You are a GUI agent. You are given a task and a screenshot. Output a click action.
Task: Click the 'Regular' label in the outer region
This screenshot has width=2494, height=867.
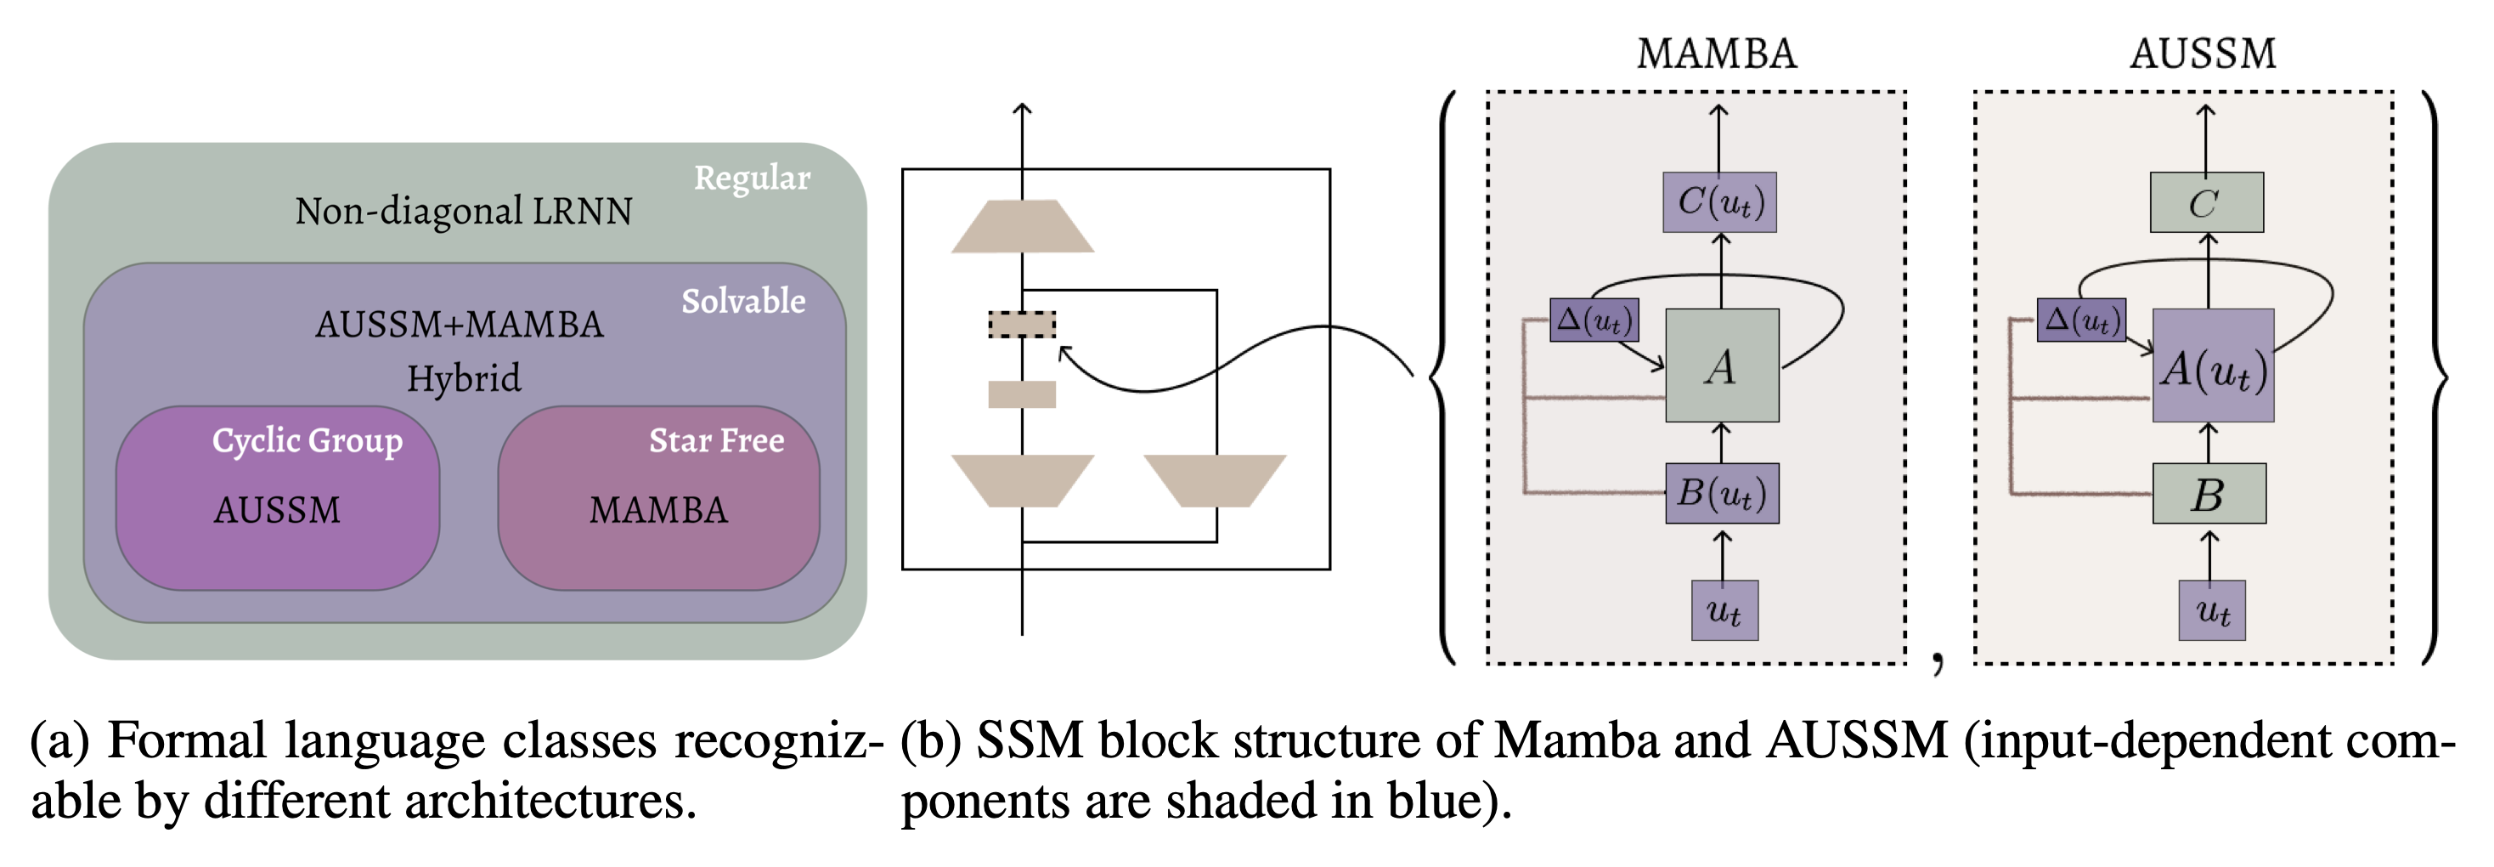pos(751,178)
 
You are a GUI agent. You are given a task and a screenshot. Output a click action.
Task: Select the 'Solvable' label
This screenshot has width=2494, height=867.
pos(742,301)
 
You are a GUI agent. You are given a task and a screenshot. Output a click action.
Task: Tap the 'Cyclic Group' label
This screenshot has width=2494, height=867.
pos(307,441)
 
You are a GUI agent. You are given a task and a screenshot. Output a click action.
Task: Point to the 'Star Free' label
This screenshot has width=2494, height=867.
pos(716,441)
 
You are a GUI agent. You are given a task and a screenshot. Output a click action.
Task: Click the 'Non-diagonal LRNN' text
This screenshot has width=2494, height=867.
pos(464,211)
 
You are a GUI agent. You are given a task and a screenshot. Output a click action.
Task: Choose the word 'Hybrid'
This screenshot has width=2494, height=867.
pos(464,377)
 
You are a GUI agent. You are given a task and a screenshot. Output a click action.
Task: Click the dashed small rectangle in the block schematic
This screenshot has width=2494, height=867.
pos(1021,324)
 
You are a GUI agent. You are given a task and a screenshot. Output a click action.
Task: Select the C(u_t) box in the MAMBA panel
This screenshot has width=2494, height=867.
pos(1719,202)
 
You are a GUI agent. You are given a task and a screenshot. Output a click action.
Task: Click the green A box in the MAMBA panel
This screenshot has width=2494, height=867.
pos(1721,365)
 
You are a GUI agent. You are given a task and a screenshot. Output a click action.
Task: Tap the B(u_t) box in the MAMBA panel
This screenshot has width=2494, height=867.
pos(1721,494)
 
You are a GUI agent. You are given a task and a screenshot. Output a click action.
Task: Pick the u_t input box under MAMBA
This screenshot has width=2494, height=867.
pos(1724,610)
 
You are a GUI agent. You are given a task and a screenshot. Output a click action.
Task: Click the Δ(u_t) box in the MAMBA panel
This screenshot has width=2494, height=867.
pos(1594,320)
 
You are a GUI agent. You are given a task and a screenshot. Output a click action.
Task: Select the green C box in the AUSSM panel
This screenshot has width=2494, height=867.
pos(2206,202)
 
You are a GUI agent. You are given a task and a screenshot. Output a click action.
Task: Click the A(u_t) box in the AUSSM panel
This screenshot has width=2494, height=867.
pos(2212,365)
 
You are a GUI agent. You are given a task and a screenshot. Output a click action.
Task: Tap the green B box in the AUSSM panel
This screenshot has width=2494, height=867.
pos(2209,494)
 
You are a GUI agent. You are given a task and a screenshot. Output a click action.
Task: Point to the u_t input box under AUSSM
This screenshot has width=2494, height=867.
pos(2211,610)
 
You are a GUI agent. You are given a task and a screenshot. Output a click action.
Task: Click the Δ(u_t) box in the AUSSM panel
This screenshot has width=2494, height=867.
pos(2081,320)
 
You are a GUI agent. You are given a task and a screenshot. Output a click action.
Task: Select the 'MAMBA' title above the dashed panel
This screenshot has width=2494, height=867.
pos(1716,54)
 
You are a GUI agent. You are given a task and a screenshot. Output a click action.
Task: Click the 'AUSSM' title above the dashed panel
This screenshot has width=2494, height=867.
pos(2203,54)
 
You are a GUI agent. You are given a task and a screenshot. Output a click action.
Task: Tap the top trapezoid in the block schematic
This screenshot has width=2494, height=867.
pos(1023,227)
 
